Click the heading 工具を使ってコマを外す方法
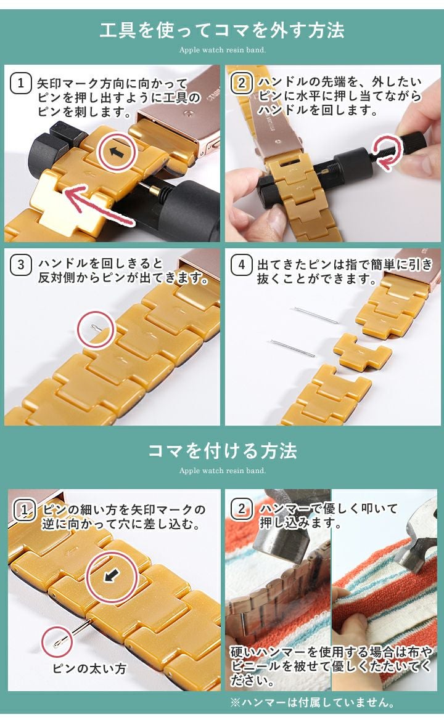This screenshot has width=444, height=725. [222, 31]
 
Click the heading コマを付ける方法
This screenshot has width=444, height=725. [222, 450]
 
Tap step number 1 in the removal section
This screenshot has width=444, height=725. [20, 83]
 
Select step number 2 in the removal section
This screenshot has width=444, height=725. [241, 83]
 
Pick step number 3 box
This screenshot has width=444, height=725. [20, 264]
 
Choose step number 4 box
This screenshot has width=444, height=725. [241, 264]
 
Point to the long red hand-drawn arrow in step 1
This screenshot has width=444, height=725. [99, 205]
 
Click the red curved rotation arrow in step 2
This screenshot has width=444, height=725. [388, 152]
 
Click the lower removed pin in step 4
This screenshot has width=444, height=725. [292, 347]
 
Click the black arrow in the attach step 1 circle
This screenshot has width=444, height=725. [112, 576]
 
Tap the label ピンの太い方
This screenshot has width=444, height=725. [89, 668]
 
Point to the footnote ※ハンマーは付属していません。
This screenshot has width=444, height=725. [313, 702]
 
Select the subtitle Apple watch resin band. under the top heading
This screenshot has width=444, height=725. [222, 50]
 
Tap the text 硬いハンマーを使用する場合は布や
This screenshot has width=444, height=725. [332, 652]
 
